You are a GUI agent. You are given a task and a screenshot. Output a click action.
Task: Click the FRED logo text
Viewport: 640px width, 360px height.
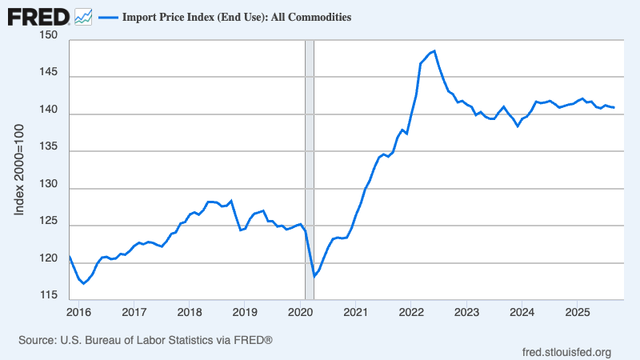click(x=38, y=16)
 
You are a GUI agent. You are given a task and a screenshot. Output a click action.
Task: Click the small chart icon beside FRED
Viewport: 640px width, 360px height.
click(x=83, y=16)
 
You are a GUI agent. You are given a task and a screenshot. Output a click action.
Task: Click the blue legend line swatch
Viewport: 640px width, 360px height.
click(x=108, y=17)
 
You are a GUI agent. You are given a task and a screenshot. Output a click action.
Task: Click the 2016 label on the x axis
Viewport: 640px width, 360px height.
click(x=78, y=311)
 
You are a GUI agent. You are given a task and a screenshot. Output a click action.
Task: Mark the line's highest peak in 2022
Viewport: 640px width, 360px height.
click(x=434, y=51)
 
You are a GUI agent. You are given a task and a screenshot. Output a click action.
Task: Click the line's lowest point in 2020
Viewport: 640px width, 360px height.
click(x=314, y=277)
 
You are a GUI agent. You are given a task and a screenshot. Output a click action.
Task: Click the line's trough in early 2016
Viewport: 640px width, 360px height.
click(x=83, y=283)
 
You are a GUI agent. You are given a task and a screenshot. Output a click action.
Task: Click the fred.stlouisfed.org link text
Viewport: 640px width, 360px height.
click(x=566, y=352)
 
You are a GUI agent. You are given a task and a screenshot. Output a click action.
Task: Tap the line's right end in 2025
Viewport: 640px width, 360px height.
click(x=614, y=108)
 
